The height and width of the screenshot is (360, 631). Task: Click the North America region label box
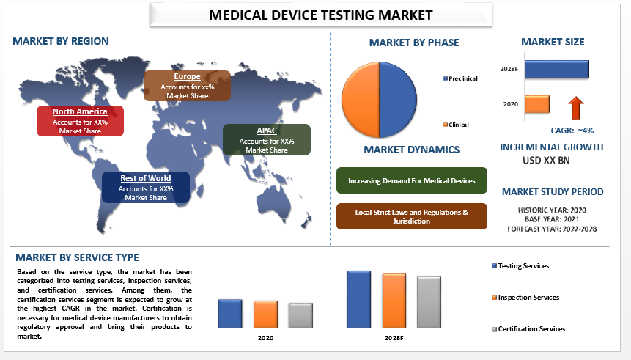click(x=80, y=121)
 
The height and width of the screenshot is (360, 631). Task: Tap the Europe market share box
click(x=187, y=86)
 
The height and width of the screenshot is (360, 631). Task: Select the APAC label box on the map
click(x=267, y=140)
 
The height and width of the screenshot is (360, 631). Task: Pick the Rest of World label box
click(x=146, y=187)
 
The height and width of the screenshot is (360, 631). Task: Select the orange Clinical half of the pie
click(x=361, y=100)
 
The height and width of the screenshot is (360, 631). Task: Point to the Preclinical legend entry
click(x=460, y=78)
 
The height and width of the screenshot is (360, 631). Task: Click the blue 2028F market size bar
click(x=556, y=69)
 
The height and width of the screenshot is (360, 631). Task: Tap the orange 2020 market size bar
click(x=537, y=104)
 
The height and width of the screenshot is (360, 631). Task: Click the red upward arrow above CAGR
click(x=576, y=108)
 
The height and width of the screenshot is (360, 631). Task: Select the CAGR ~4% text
click(x=572, y=131)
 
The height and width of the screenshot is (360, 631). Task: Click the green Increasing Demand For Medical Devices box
click(x=412, y=180)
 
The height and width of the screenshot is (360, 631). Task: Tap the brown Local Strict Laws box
click(x=412, y=216)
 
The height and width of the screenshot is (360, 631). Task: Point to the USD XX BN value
click(x=546, y=161)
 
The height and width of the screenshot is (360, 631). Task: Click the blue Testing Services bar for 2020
click(x=230, y=313)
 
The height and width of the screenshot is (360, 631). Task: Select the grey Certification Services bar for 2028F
click(x=429, y=302)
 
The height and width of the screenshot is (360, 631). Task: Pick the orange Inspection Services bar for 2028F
click(x=394, y=301)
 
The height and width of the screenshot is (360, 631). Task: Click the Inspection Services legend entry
click(x=525, y=298)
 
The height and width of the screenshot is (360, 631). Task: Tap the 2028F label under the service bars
click(x=394, y=338)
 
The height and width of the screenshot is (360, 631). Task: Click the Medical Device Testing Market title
click(x=321, y=15)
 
